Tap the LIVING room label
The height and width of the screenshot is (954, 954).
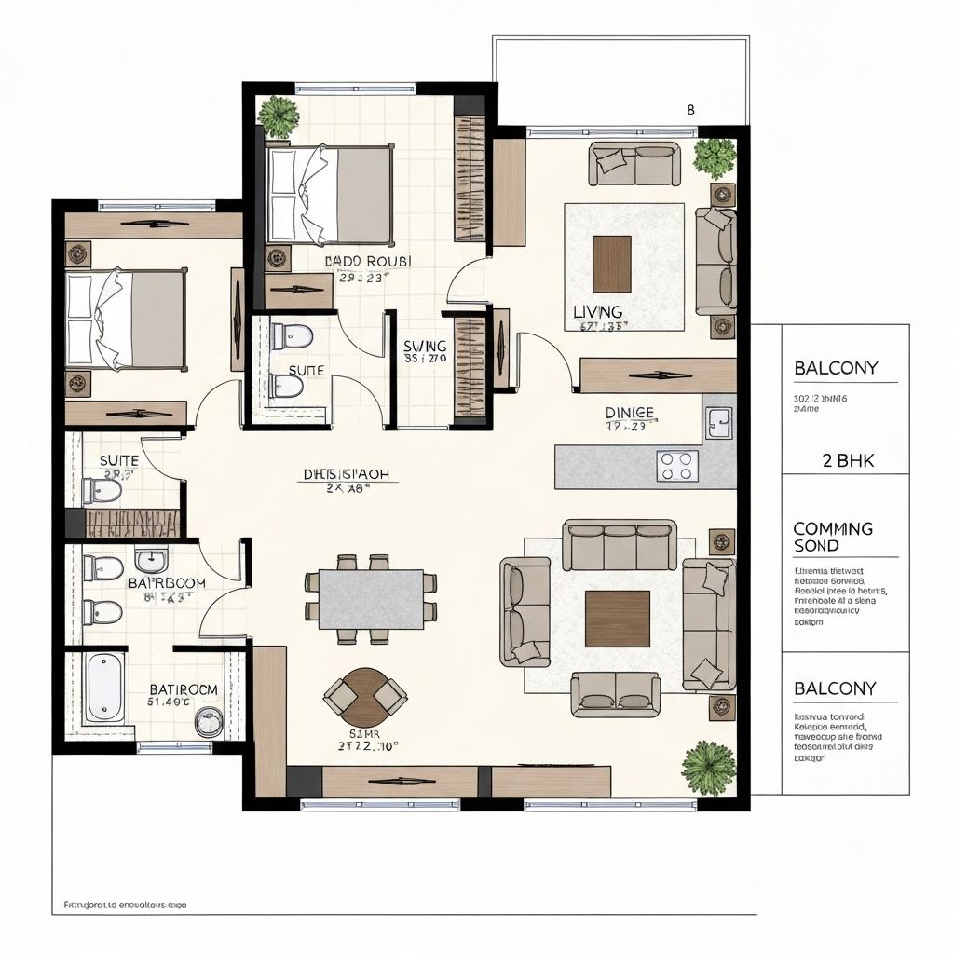point(597,312)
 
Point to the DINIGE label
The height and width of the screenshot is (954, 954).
point(629,412)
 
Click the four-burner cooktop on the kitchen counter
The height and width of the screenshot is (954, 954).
point(676,465)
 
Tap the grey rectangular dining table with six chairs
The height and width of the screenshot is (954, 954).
point(371,599)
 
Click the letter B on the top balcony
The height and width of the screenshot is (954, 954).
point(690,109)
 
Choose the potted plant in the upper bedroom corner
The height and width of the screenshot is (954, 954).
point(279,116)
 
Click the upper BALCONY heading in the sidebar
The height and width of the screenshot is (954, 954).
point(836,368)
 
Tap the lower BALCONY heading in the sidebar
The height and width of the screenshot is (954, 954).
point(835,688)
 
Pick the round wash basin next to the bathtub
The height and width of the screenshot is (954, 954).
point(209,721)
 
